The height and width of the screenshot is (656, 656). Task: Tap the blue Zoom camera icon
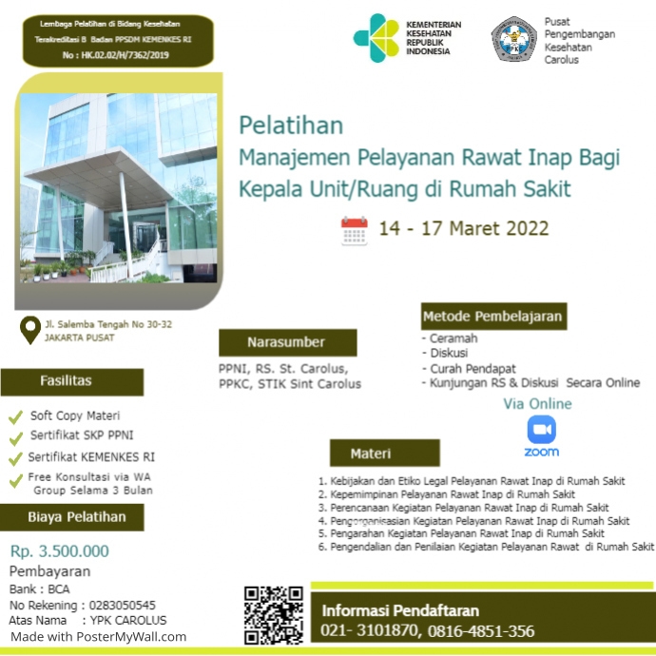[541, 431]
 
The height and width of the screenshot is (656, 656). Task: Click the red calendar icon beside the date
[355, 231]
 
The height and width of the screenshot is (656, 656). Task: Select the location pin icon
[30, 330]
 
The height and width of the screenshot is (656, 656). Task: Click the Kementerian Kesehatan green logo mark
[376, 37]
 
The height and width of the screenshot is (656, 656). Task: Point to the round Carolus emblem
[513, 39]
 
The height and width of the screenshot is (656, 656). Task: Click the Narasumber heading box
[287, 342]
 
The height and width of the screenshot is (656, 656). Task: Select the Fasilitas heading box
[71, 381]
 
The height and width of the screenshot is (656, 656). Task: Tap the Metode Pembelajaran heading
[492, 317]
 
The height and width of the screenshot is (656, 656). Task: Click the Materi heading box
[384, 453]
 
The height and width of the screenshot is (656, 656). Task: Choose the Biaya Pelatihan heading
[71, 517]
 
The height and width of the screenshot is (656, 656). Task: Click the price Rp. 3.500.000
[60, 550]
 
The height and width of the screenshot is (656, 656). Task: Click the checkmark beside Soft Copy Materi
[15, 416]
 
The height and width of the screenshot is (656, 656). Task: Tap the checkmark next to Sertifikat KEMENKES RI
[15, 457]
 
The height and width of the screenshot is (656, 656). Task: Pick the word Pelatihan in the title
[291, 125]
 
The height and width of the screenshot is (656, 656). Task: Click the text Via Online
[537, 404]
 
